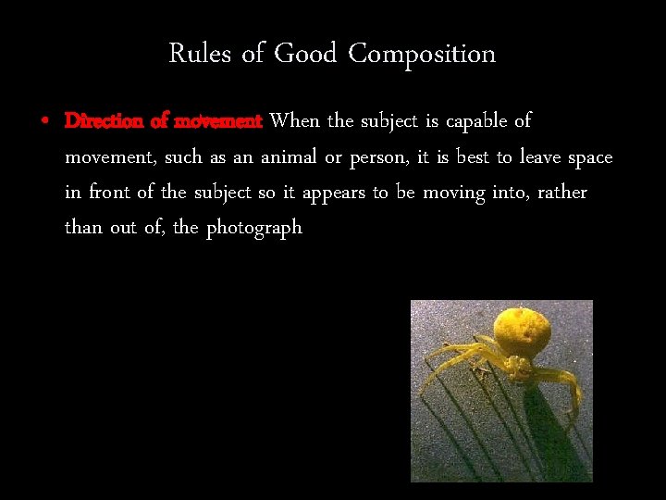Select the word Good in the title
(x=304, y=54)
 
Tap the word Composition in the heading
(x=422, y=55)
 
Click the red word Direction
(x=104, y=121)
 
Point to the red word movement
(x=219, y=121)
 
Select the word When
(x=294, y=121)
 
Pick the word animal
(x=288, y=157)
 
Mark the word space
(x=590, y=158)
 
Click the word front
(x=116, y=193)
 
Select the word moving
(x=454, y=194)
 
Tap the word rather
(x=561, y=193)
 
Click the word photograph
(x=254, y=229)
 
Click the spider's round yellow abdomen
(x=522, y=332)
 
